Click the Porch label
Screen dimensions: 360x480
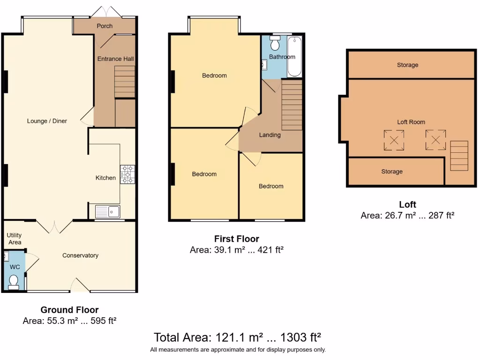point(105,26)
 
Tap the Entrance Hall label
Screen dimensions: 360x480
point(115,59)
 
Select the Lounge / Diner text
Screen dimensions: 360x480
point(47,121)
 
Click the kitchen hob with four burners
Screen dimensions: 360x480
point(127,174)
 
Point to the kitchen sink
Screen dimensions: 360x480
point(107,212)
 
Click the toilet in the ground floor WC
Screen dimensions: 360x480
point(13,281)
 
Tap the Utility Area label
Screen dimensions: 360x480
point(14,239)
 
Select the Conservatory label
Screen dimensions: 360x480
point(80,255)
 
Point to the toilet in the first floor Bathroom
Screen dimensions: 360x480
point(275,44)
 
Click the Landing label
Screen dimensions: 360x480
point(270,135)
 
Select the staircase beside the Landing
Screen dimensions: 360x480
point(292,105)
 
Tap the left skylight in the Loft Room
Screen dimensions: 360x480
point(394,140)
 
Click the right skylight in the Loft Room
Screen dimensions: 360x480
point(435,139)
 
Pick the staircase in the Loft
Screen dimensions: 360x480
point(459,156)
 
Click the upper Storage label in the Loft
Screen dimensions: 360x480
point(407,65)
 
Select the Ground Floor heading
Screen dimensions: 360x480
point(69,310)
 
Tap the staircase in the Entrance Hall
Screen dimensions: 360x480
point(125,82)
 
